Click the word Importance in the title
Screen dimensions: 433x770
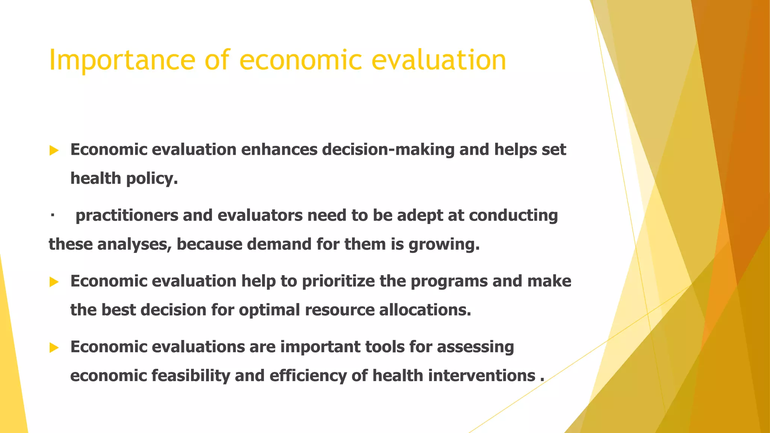point(122,60)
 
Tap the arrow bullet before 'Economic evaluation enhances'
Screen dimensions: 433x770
point(54,151)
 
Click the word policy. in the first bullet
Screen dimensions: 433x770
point(152,179)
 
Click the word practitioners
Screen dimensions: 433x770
point(127,216)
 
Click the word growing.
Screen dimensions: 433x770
point(444,245)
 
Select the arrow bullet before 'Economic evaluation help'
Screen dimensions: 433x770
point(54,282)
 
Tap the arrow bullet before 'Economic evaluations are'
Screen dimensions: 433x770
point(54,348)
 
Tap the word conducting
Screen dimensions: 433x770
point(513,216)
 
